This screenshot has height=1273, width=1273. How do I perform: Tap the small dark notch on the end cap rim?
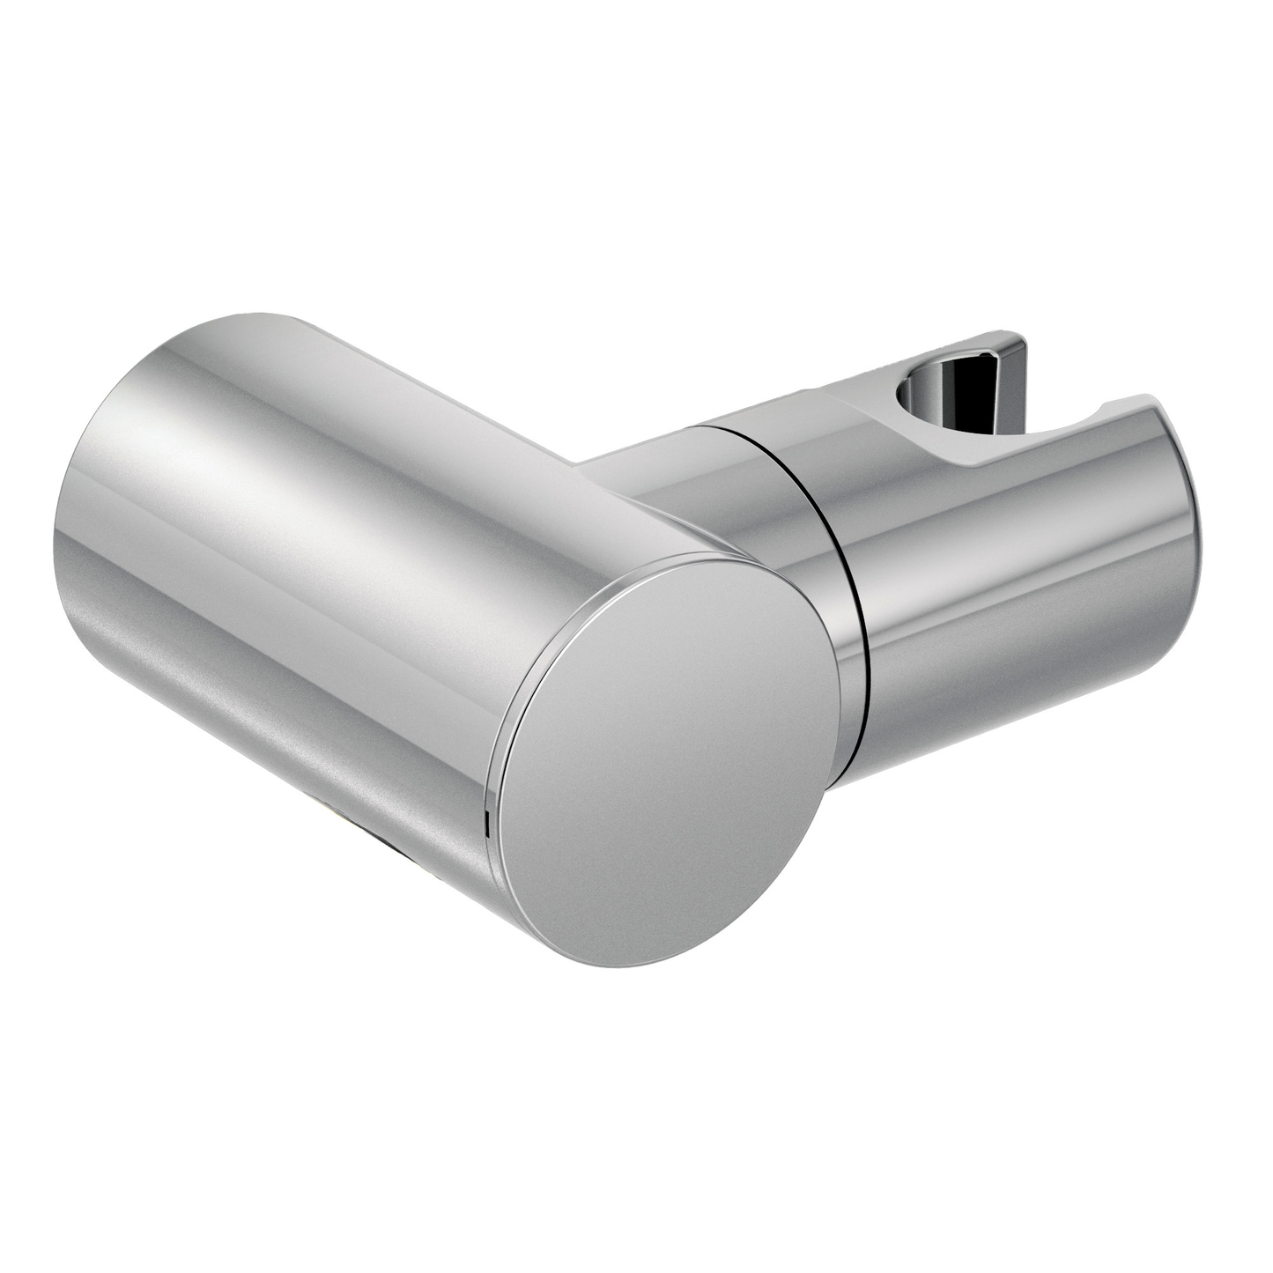[x=486, y=825]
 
